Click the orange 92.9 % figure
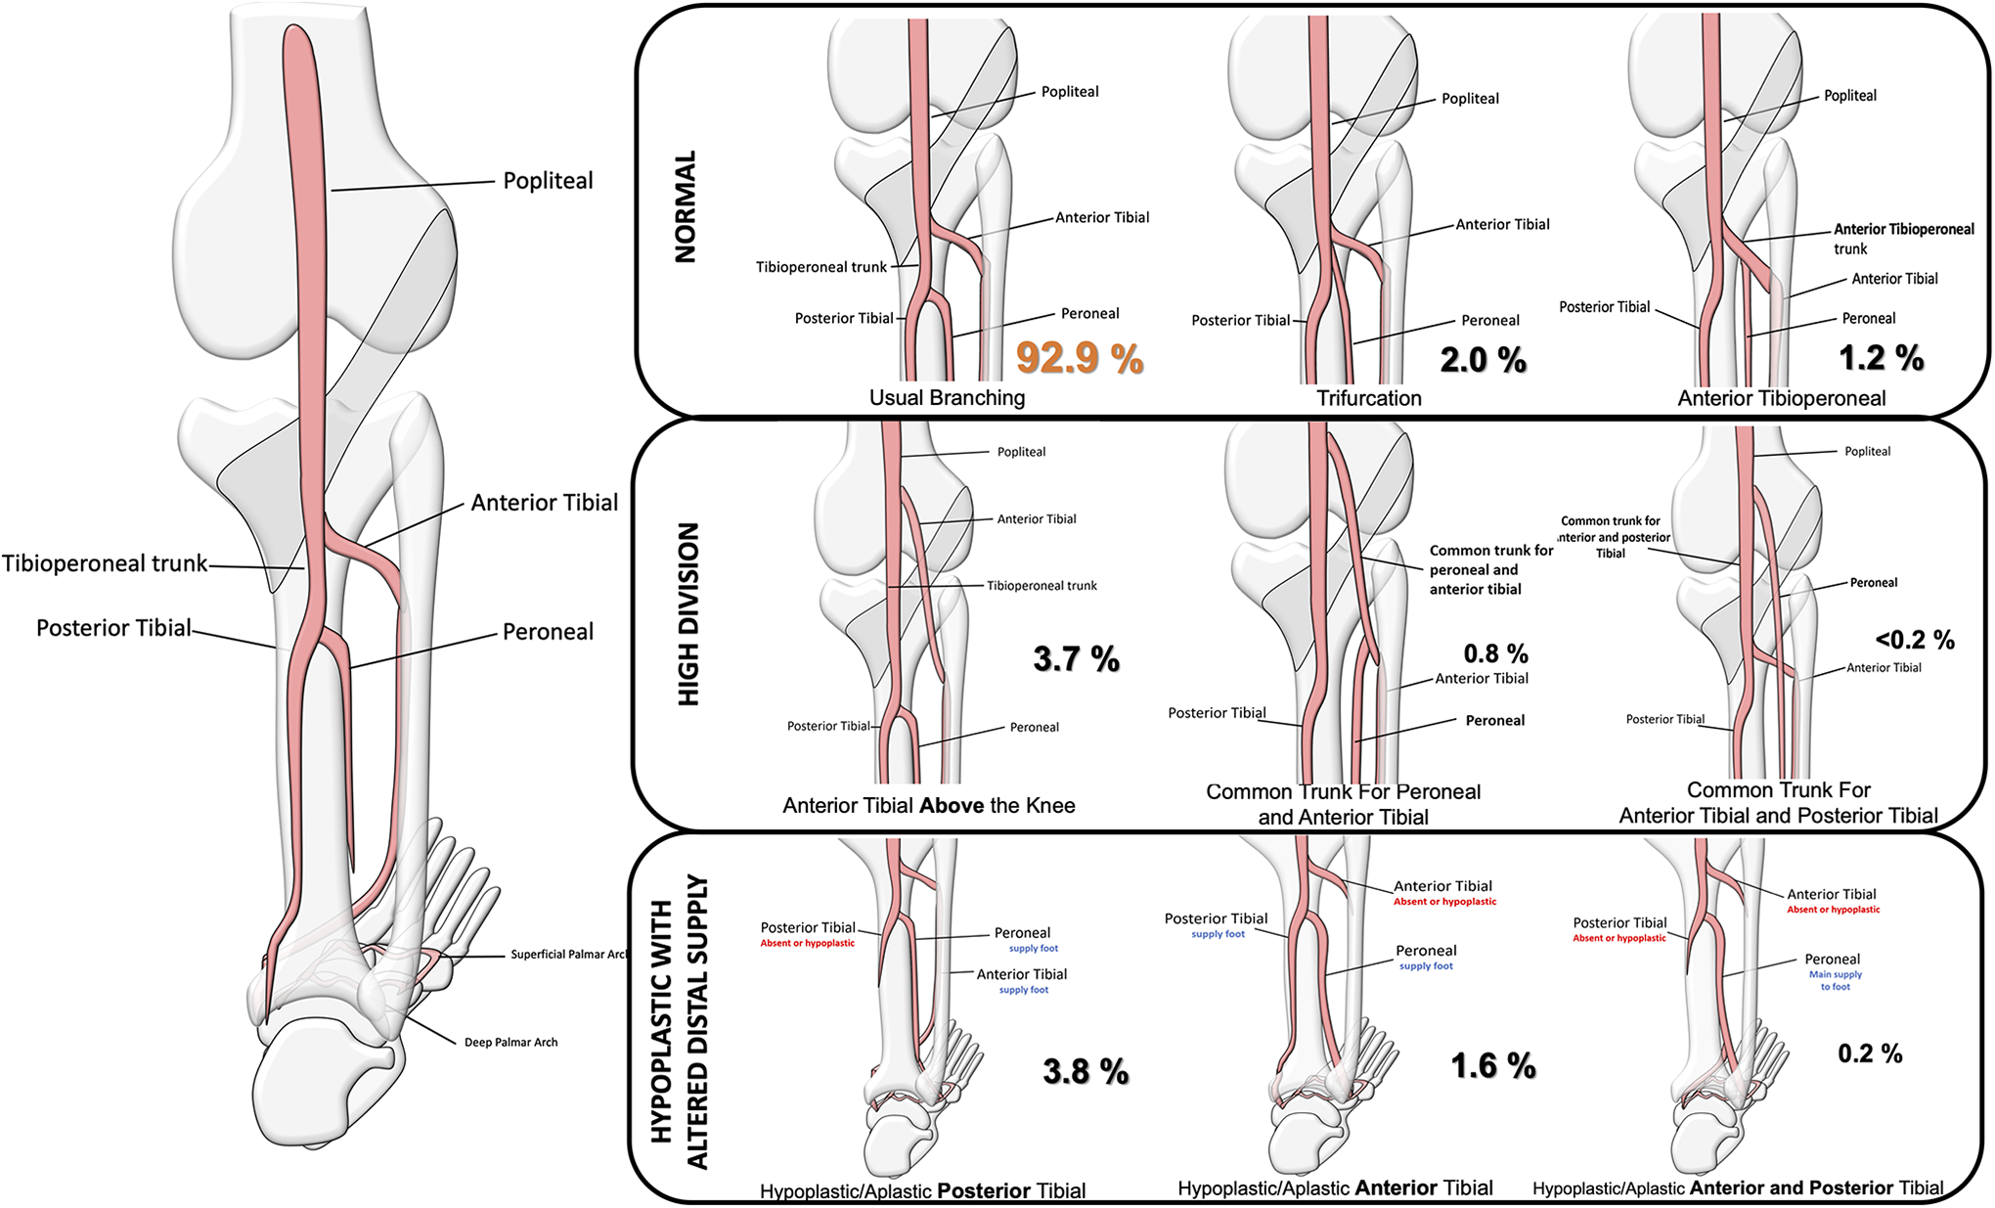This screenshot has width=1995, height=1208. pyautogui.click(x=1080, y=358)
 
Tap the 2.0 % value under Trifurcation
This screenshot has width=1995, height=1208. pyautogui.click(x=1484, y=360)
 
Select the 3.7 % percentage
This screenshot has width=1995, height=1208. pyautogui.click(x=1077, y=658)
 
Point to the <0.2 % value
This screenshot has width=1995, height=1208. pyautogui.click(x=1915, y=640)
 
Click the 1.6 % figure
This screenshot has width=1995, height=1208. pyautogui.click(x=1493, y=1065)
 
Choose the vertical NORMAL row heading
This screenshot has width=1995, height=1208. pyautogui.click(x=686, y=206)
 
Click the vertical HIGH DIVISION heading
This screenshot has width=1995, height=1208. pyautogui.click(x=688, y=614)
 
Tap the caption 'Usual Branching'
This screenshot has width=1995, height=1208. pyautogui.click(x=947, y=398)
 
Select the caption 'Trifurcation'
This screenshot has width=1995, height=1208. pyautogui.click(x=1369, y=398)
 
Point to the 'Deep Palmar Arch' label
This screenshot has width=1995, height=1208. pyautogui.click(x=510, y=1042)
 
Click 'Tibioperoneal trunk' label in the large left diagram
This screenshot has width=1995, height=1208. pyautogui.click(x=105, y=563)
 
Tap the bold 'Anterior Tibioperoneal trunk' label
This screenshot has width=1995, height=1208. pyautogui.click(x=1903, y=239)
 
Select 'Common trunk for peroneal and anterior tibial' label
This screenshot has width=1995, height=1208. pyautogui.click(x=1491, y=569)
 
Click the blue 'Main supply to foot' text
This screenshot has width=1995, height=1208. pyautogui.click(x=1836, y=980)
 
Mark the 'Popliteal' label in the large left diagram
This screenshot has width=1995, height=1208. pyautogui.click(x=548, y=181)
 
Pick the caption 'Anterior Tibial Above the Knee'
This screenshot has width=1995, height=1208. pyautogui.click(x=929, y=805)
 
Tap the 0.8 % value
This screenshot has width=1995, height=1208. pyautogui.click(x=1495, y=653)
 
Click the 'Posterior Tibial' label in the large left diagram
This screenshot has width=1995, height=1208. pyautogui.click(x=113, y=628)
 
